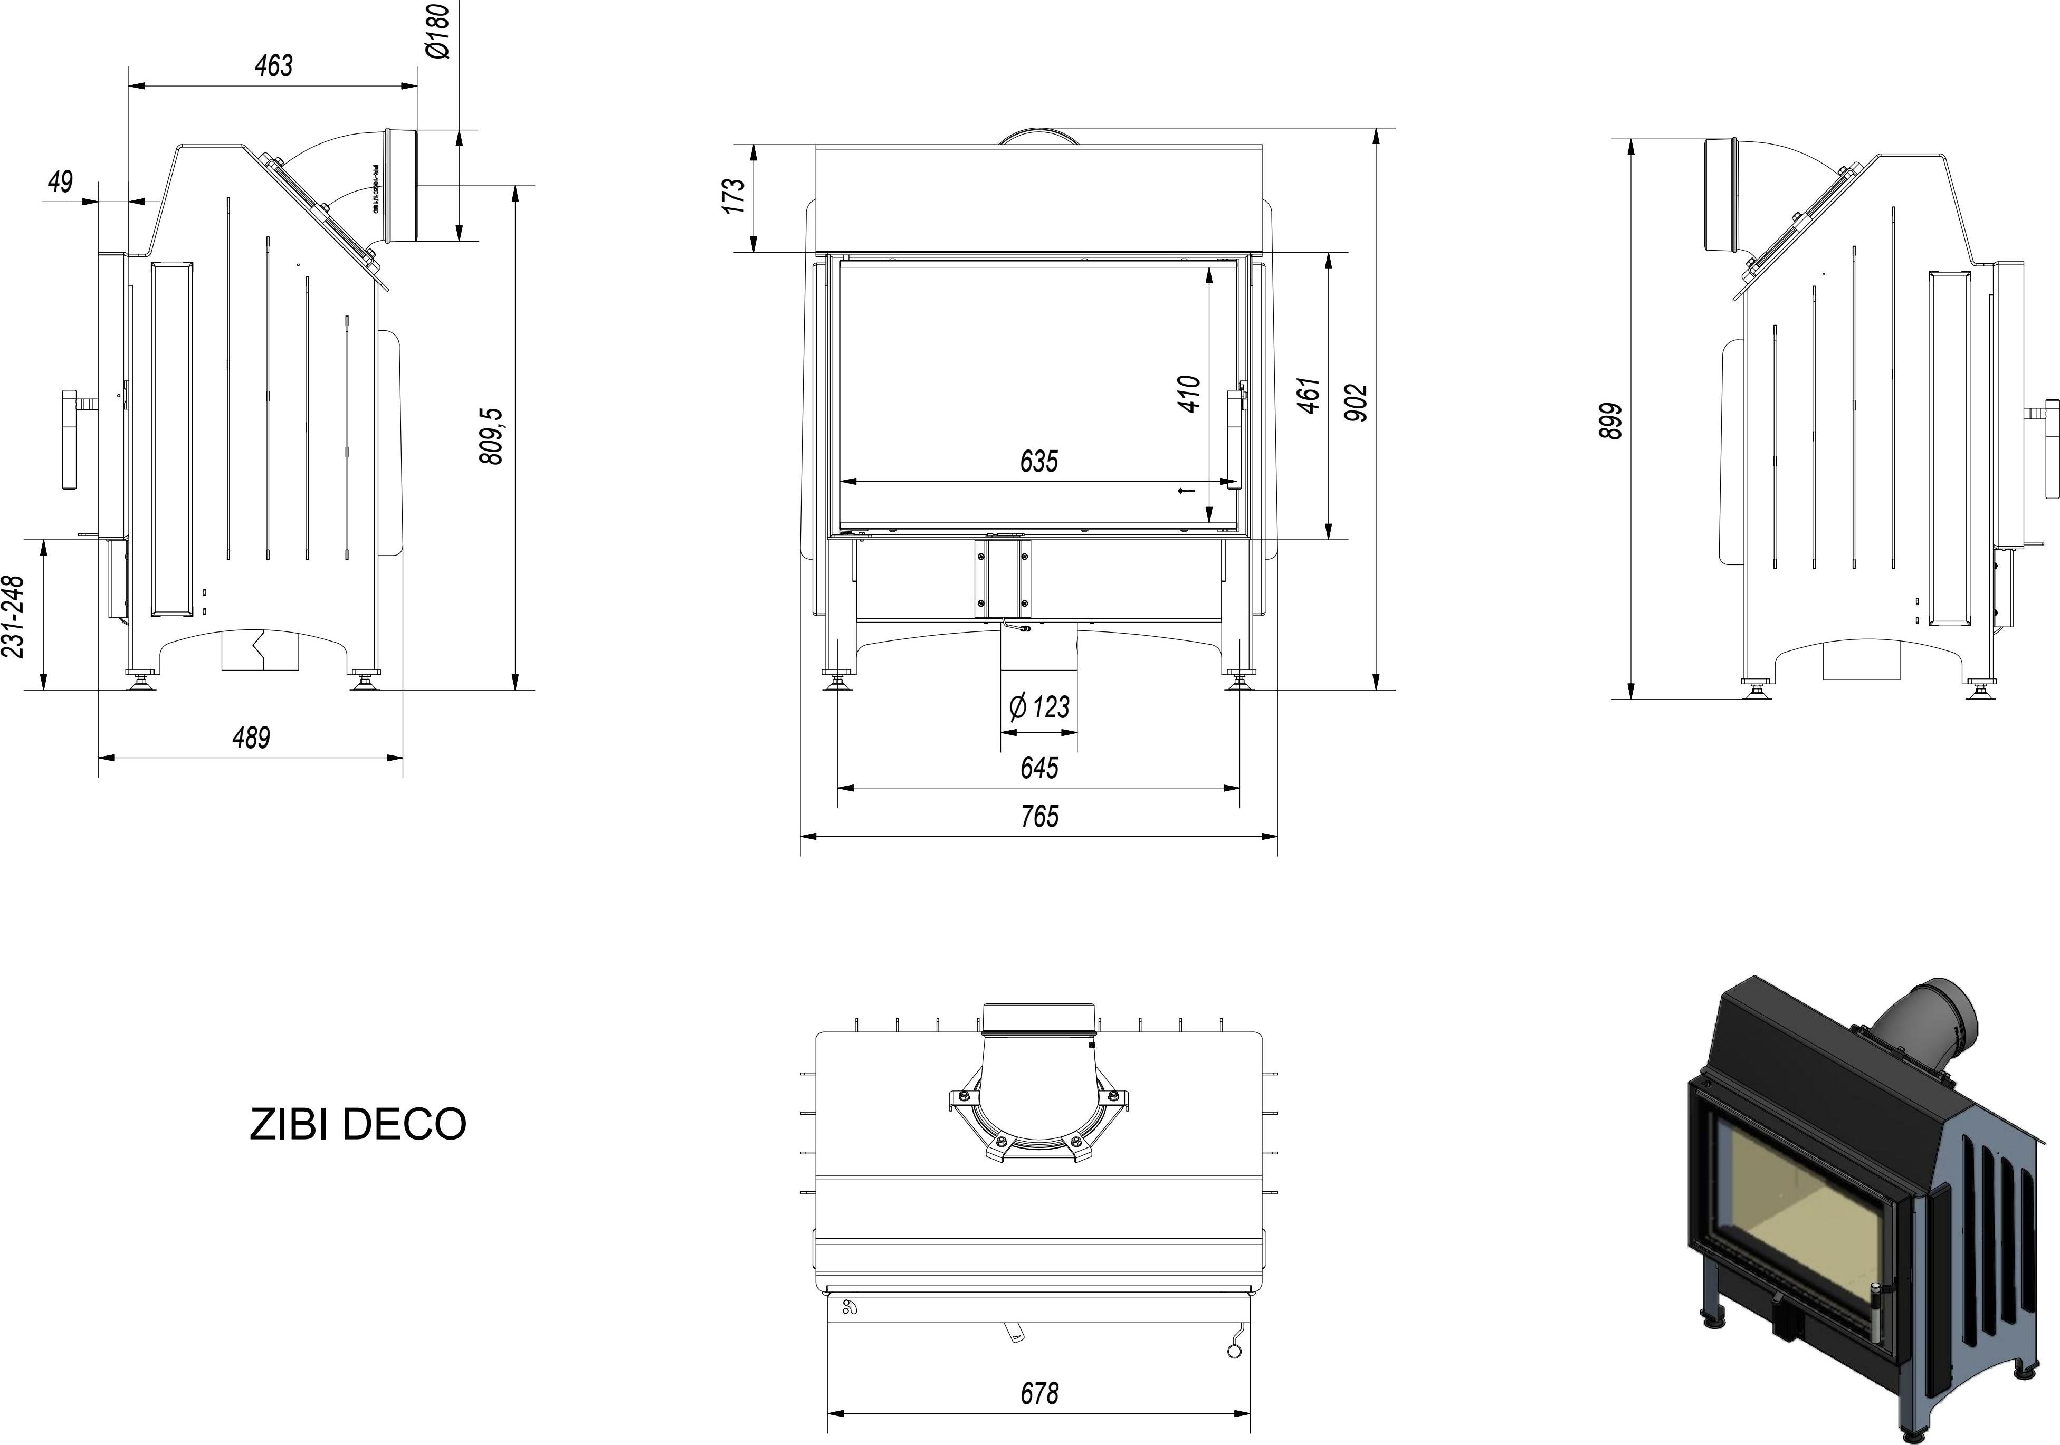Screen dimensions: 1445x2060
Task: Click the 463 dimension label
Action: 274,65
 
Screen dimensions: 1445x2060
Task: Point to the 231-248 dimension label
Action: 14,616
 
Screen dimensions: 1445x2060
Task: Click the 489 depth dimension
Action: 251,738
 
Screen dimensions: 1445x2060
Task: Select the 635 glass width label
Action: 1039,461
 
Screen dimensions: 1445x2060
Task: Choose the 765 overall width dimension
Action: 1039,816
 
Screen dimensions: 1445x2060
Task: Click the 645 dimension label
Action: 1039,768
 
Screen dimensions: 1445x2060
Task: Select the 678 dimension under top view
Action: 1039,1393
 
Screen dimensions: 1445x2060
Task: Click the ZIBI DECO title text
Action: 357,1124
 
